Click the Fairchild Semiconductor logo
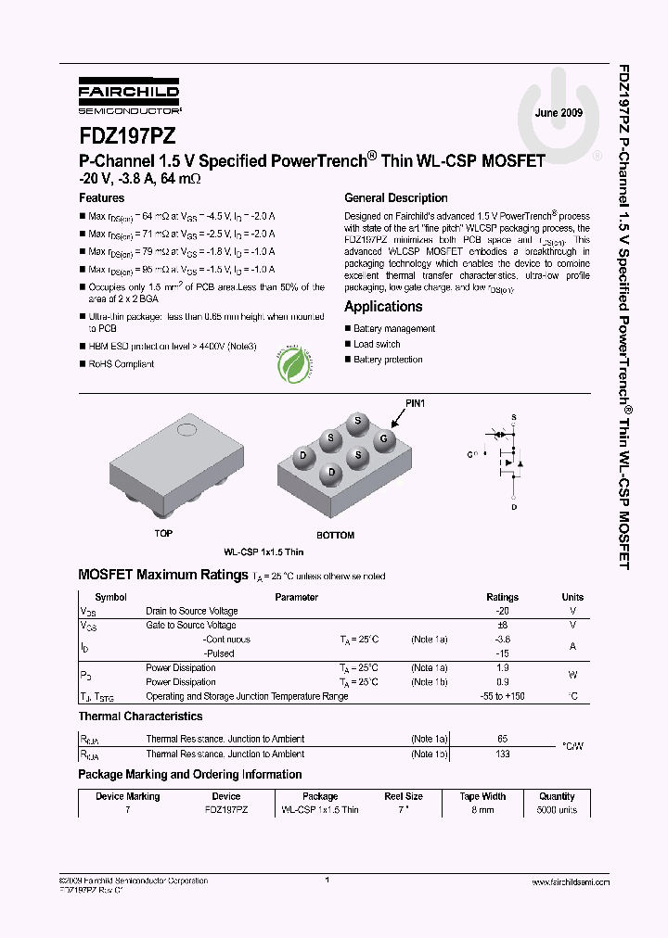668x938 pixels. pos(129,95)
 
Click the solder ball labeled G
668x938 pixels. pos(386,437)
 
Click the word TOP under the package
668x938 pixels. pos(163,534)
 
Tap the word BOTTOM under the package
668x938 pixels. pos(335,535)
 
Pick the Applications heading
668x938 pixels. pos(383,307)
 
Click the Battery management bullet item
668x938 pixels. pos(393,329)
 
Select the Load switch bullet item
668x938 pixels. pos(377,344)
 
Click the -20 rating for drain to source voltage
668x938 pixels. pos(503,612)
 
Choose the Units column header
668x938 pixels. pos(572,598)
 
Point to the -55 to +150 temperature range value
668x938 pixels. pos(503,696)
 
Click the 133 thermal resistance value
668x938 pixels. pos(503,754)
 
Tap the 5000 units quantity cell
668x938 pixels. pos(557,810)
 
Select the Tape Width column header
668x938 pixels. pos(482,796)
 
